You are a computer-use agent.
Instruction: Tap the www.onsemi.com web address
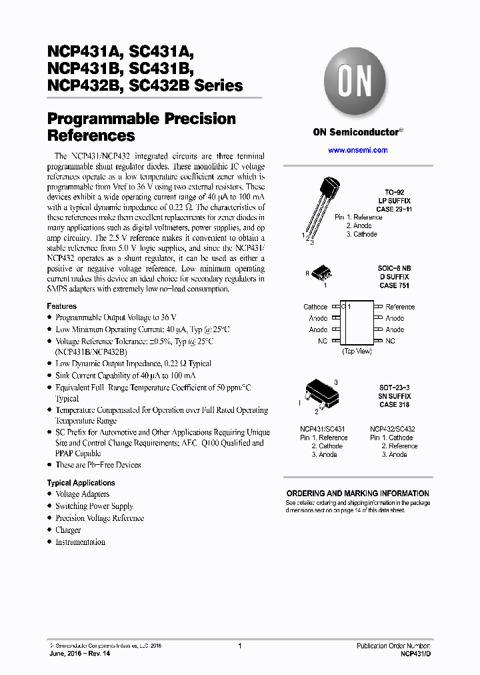pos(357,150)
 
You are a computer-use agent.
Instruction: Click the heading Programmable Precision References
pos(141,127)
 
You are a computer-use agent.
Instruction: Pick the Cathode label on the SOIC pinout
pos(315,307)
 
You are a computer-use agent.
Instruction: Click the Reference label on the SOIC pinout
pos(400,307)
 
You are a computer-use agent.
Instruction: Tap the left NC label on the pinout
pos(323,341)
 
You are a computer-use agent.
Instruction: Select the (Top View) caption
pos(357,352)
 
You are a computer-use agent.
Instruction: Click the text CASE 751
pos(393,285)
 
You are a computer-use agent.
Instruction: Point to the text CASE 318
pos(394,405)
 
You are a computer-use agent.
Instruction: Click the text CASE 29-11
pos(394,209)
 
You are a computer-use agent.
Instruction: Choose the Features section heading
pos(61,306)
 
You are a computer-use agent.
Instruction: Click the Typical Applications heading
pos(81,482)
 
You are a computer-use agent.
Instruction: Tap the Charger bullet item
pos(68,530)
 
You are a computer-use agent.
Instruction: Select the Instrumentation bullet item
pos(80,542)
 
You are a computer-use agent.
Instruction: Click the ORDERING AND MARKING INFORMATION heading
pos(357,494)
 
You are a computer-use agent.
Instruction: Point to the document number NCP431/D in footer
pos(415,654)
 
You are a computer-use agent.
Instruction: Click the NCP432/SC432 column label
pos(392,429)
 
